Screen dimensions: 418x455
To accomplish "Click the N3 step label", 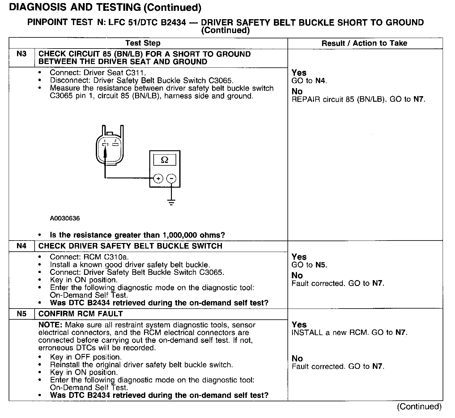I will pos(22,54).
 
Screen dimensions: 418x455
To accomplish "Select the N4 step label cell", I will pos(22,246).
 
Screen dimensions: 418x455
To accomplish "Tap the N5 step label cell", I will pos(22,314).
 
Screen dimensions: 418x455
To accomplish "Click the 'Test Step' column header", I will pos(143,43).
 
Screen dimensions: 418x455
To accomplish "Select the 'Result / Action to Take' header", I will pos(364,43).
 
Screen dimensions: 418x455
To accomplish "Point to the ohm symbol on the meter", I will pos(165,160).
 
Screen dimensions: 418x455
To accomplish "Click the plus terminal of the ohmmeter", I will pos(158,178).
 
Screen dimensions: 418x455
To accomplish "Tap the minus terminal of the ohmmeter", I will pos(171,178).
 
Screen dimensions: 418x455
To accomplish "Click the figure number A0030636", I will pos(65,218).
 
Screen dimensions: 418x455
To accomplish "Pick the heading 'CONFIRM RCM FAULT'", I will pos(80,314).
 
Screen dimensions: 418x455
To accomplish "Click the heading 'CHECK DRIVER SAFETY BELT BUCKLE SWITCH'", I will pos(130,246).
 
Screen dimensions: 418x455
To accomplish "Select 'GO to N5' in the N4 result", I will pos(309,265).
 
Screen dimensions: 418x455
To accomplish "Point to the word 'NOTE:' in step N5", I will pos(51,325).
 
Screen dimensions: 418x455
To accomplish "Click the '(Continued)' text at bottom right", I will pos(419,406).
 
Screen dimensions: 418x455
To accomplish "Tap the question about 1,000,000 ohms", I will pos(137,235).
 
